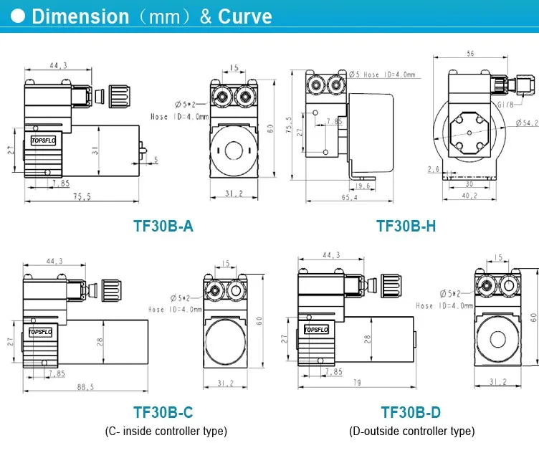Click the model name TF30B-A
point(163,226)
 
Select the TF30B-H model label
point(406,226)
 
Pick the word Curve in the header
point(245,16)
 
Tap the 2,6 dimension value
point(433,169)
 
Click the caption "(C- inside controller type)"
point(166,431)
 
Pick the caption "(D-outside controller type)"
point(411,431)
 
